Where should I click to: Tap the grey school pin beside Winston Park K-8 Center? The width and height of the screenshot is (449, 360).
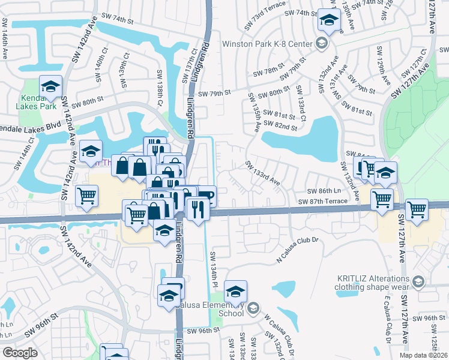click(322, 43)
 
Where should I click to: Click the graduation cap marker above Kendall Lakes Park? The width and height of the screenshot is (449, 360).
click(51, 87)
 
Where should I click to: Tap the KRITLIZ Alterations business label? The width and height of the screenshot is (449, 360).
click(372, 281)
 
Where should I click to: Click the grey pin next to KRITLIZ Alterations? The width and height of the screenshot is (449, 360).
click(418, 281)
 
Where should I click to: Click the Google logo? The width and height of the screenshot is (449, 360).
click(20, 353)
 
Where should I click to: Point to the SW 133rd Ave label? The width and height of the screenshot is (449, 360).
click(262, 173)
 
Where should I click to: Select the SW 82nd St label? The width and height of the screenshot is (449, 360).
click(281, 126)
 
